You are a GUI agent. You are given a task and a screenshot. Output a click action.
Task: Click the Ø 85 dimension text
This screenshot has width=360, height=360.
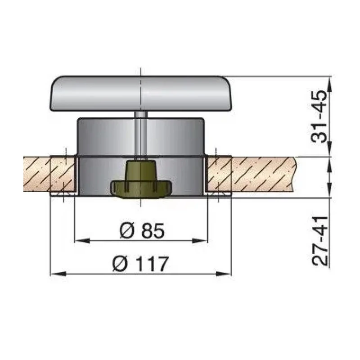coord(142,231)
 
